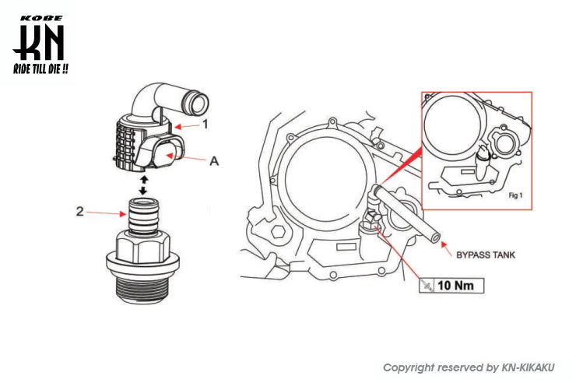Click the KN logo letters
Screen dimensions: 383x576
pyautogui.click(x=39, y=44)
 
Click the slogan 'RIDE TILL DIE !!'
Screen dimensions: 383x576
pyautogui.click(x=40, y=70)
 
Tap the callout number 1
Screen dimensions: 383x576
pyautogui.click(x=205, y=124)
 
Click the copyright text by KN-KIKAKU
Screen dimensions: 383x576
pyautogui.click(x=473, y=367)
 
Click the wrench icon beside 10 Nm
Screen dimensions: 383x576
pyautogui.click(x=426, y=286)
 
